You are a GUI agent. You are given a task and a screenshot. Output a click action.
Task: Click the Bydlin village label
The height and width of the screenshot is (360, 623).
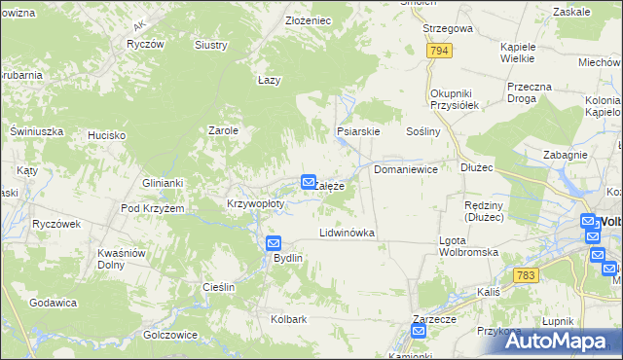click(x=288, y=258)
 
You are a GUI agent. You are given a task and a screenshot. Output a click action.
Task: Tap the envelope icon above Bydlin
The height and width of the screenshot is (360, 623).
click(x=274, y=243)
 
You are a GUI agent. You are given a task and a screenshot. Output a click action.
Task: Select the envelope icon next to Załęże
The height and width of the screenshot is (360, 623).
click(x=309, y=182)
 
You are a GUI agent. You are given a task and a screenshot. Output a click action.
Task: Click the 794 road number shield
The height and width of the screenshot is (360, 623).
click(x=439, y=50)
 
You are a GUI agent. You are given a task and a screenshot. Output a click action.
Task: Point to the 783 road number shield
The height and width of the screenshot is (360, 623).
click(x=527, y=275)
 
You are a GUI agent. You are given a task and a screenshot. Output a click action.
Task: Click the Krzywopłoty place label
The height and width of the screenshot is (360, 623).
click(x=255, y=204)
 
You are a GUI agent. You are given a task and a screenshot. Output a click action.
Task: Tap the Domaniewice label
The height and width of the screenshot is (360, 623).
click(x=406, y=169)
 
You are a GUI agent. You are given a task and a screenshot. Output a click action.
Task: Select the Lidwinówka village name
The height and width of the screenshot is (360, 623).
click(x=348, y=234)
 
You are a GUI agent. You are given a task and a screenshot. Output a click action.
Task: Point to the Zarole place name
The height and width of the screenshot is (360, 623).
click(x=224, y=129)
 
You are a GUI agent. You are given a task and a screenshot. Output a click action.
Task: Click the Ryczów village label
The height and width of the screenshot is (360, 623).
click(x=144, y=45)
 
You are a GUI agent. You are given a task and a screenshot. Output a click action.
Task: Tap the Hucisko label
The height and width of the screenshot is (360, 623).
click(x=105, y=135)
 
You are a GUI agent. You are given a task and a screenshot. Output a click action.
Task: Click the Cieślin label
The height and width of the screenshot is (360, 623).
click(x=219, y=287)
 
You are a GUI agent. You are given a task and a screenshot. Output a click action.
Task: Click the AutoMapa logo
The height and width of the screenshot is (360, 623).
click(x=558, y=341)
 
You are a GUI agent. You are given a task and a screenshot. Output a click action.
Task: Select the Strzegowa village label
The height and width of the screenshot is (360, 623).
click(x=448, y=28)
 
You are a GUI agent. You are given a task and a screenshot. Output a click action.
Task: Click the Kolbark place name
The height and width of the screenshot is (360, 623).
click(x=289, y=318)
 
